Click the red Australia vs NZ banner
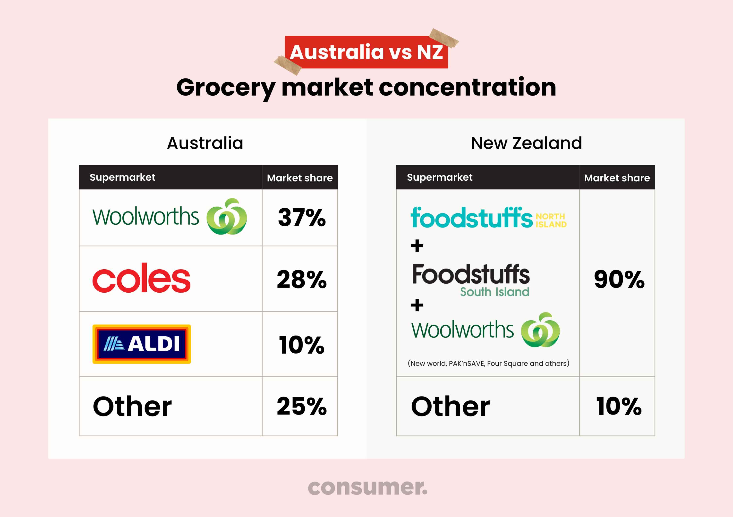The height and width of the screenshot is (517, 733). (x=366, y=52)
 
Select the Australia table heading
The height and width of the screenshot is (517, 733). (x=205, y=143)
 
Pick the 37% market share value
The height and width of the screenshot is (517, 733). (x=302, y=217)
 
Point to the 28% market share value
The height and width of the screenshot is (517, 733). (x=302, y=279)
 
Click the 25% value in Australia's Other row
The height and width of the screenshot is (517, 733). (x=302, y=406)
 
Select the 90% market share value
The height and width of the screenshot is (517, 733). (x=619, y=279)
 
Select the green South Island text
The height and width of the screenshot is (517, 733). (x=494, y=292)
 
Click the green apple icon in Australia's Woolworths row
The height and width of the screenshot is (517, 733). (x=227, y=216)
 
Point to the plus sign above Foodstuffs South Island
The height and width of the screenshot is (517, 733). (x=417, y=246)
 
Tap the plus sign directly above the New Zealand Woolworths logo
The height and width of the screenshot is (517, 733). (x=417, y=305)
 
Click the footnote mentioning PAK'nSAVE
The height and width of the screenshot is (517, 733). (x=488, y=363)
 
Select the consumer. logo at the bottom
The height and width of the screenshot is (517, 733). (x=367, y=487)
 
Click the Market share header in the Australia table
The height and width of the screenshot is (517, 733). (x=300, y=178)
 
